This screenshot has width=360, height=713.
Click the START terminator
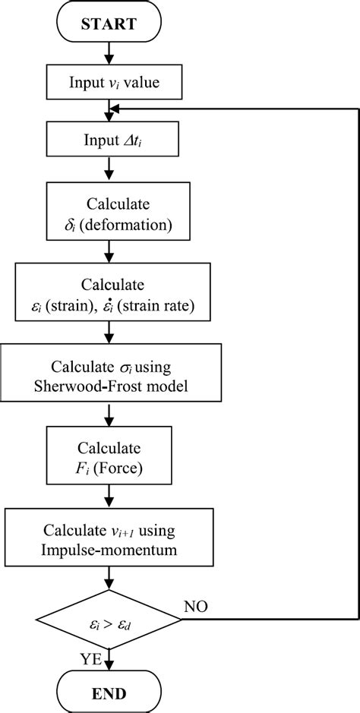(x=109, y=24)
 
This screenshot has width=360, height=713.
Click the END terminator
(x=109, y=692)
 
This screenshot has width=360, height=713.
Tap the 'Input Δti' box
(x=109, y=140)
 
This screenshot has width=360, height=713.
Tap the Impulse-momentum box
(x=109, y=535)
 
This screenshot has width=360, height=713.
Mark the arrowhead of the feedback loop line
(x=115, y=110)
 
